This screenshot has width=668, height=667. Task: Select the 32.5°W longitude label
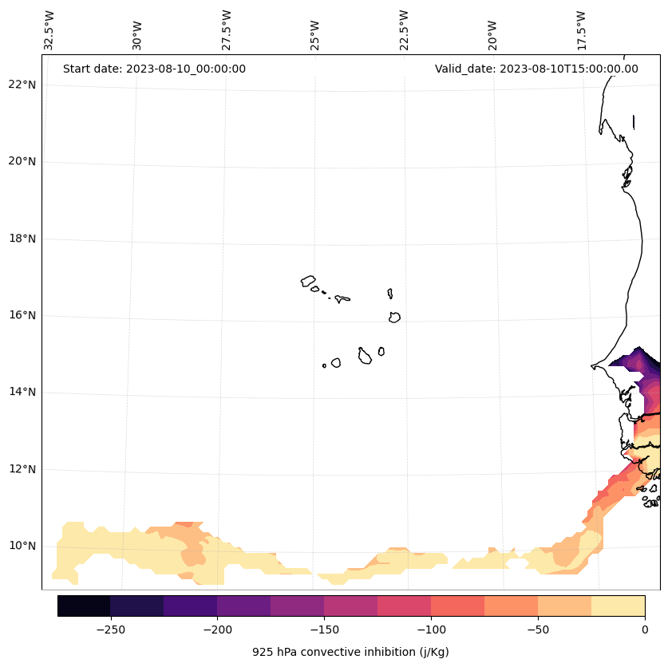pyautogui.click(x=49, y=31)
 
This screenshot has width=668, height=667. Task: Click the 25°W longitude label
pyautogui.click(x=315, y=31)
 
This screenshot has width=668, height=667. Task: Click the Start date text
pyautogui.click(x=154, y=69)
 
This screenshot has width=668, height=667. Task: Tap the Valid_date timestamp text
pyautogui.click(x=536, y=69)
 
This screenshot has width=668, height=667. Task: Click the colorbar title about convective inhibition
pyautogui.click(x=350, y=652)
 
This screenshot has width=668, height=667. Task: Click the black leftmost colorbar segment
pyautogui.click(x=84, y=606)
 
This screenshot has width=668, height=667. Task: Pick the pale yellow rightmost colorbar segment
pyautogui.click(x=618, y=606)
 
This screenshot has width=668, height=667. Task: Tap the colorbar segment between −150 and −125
pyautogui.click(x=350, y=606)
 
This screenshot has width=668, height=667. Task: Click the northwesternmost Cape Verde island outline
pyautogui.click(x=308, y=281)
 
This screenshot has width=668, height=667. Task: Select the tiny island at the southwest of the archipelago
pyautogui.click(x=324, y=365)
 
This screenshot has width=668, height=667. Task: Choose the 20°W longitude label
pyautogui.click(x=492, y=31)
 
